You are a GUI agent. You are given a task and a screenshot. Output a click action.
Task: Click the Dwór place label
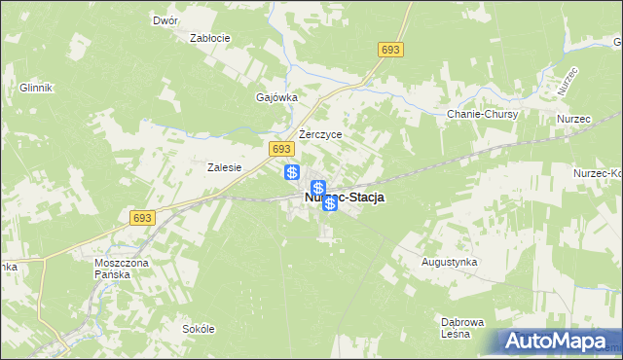pos(165,19)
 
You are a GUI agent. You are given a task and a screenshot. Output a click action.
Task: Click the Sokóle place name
pos(198,329)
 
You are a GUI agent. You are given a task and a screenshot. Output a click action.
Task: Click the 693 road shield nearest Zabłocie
pos(391,50)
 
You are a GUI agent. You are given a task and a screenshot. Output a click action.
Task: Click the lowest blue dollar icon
pos(330,203)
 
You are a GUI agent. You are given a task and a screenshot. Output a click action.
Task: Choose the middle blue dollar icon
pos(317,188)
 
